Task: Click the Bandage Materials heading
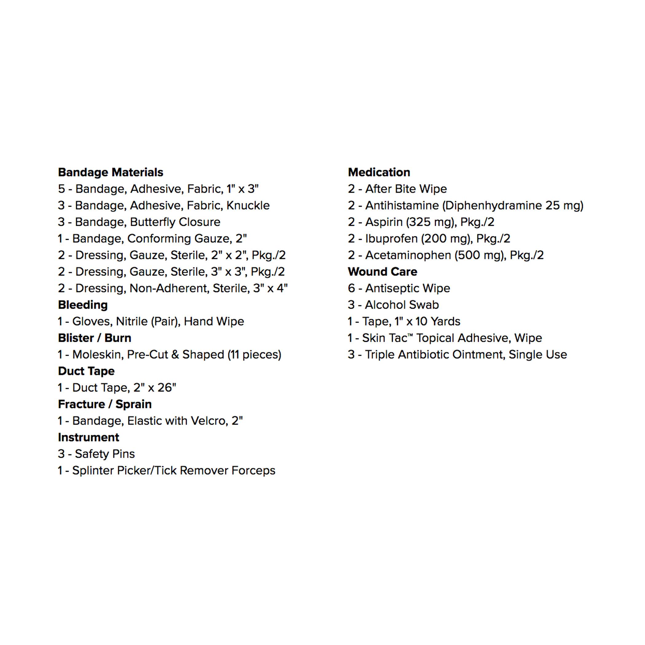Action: [111, 172]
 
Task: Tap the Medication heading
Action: [379, 172]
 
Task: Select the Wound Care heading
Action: [382, 272]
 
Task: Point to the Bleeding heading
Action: [83, 305]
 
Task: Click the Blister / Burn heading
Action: [95, 338]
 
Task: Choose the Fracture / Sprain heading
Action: [104, 404]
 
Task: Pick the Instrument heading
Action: [88, 437]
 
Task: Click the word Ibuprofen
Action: [391, 239]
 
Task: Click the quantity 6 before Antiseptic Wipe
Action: [351, 288]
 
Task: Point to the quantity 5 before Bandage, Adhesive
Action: [61, 189]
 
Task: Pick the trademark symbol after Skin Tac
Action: [410, 335]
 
